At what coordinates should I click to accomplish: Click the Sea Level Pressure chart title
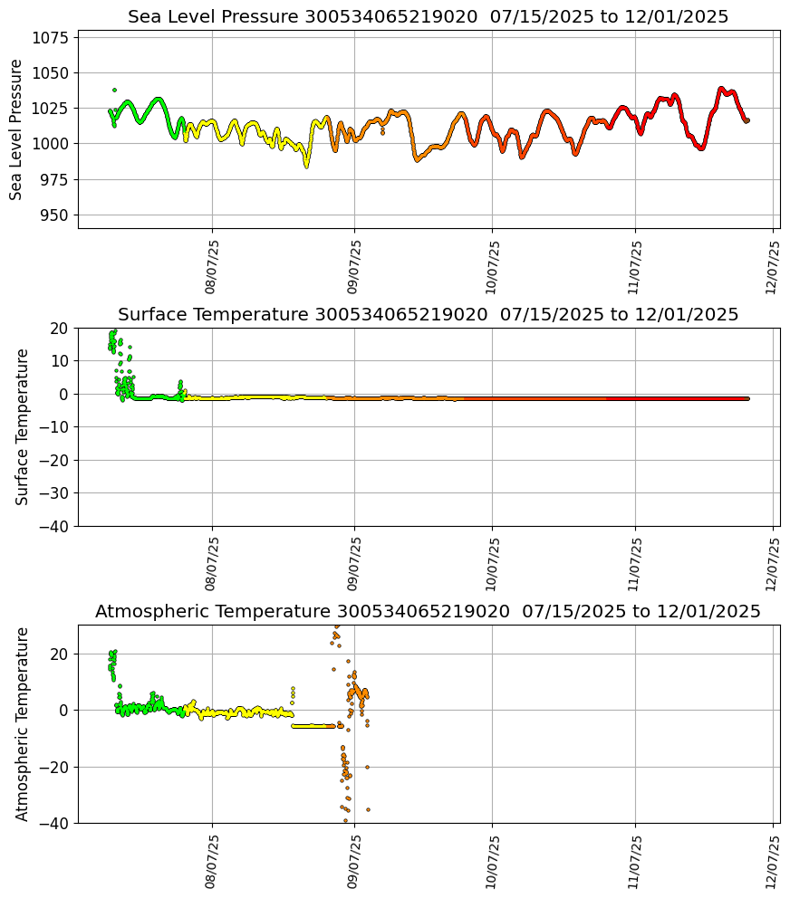[428, 17]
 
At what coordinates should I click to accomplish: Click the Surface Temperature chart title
[428, 315]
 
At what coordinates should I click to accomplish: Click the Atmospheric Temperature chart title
[428, 612]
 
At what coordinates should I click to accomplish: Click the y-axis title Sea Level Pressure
[16, 129]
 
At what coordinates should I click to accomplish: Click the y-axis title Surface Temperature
[23, 426]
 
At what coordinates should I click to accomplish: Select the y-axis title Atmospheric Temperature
[23, 723]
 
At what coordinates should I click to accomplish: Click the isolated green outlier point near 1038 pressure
[114, 90]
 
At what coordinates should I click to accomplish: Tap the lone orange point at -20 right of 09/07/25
[367, 767]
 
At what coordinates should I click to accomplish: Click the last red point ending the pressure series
[747, 120]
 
